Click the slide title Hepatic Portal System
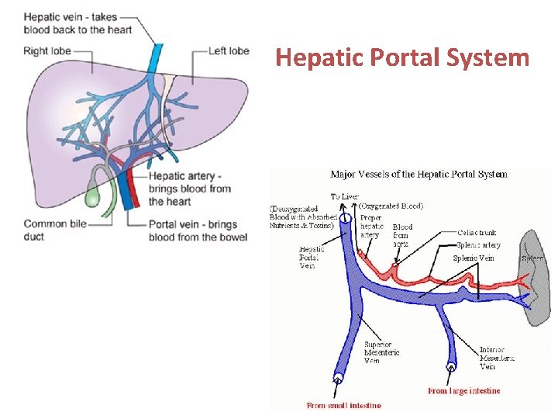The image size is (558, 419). tap(402, 58)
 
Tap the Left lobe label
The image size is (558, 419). tap(229, 51)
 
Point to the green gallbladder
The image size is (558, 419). tap(92, 195)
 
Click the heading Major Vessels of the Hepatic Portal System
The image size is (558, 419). tap(418, 174)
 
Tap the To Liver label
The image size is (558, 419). tap(345, 196)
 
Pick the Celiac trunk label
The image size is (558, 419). tap(477, 233)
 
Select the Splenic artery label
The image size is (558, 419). tap(478, 245)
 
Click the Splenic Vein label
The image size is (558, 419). tap(474, 258)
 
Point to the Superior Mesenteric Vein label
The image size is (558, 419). tap(381, 352)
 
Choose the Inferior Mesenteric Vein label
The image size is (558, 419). tap(497, 358)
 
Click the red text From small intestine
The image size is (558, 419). tap(343, 405)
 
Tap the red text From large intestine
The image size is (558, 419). tap(463, 391)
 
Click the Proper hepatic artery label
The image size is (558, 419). tap(371, 226)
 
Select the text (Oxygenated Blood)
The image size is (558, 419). tap(391, 206)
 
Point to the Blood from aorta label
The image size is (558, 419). tap(401, 235)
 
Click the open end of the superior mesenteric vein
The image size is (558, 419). tap(339, 379)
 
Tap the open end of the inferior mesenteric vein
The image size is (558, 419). tap(450, 366)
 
